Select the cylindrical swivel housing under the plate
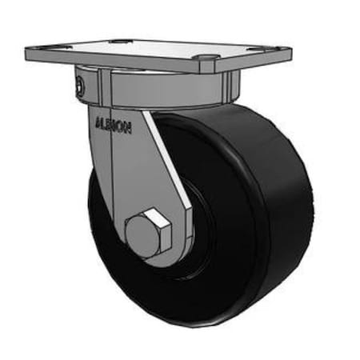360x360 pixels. [160, 88]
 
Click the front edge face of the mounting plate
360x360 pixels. [120, 64]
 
